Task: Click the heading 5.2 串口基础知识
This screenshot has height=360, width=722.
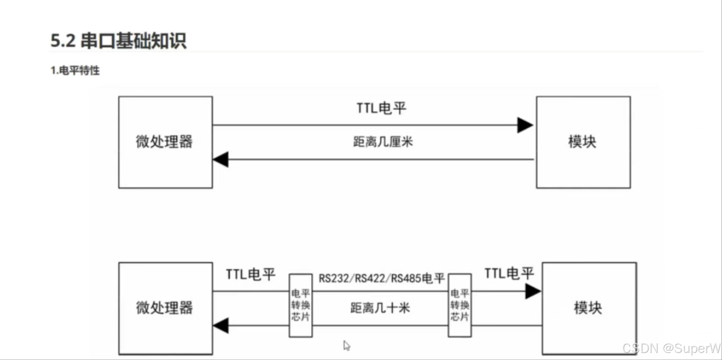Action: tap(118, 40)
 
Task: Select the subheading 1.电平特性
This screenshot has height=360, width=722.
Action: tap(75, 70)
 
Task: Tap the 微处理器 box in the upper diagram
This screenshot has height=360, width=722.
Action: tap(165, 142)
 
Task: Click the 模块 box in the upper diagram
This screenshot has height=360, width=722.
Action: tap(583, 142)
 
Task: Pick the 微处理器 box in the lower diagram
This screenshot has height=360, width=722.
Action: tap(165, 308)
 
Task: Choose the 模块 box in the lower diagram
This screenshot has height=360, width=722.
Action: tap(589, 308)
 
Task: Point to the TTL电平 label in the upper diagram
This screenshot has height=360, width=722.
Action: tap(382, 108)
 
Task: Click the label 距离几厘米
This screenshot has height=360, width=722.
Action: tap(383, 142)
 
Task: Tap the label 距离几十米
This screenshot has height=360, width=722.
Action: tap(380, 308)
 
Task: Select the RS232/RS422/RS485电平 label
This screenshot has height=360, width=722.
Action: tap(382, 278)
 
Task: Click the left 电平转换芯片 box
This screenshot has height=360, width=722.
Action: tap(300, 305)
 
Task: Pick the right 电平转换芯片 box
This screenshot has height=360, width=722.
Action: tap(459, 305)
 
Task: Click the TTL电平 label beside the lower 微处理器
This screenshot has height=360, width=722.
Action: tap(251, 275)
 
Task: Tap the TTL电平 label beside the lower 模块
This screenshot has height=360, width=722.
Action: tap(509, 274)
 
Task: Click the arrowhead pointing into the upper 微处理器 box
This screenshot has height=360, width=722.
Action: tap(221, 159)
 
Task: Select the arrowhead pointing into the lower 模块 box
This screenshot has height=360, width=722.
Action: tap(533, 291)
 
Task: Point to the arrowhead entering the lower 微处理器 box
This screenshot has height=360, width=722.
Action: tap(221, 326)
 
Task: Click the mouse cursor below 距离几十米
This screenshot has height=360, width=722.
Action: tap(346, 346)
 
